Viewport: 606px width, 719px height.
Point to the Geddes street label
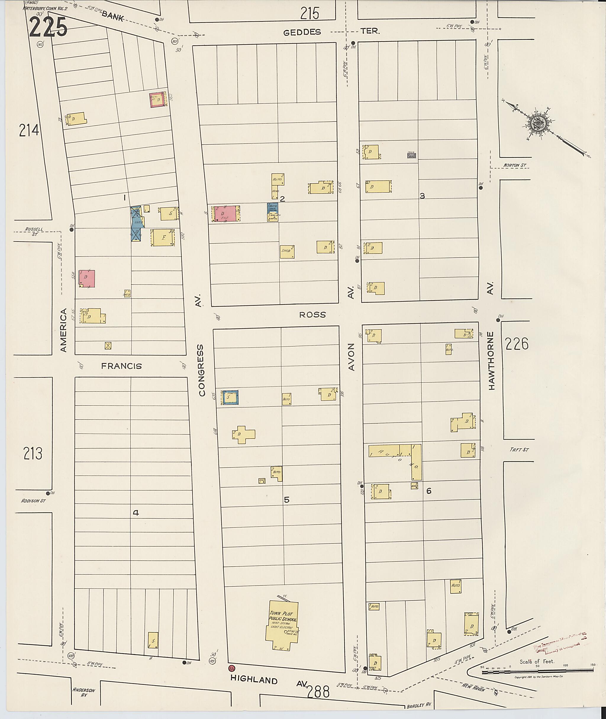302,32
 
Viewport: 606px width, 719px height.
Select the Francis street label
121,366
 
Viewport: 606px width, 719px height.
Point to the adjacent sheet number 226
517,344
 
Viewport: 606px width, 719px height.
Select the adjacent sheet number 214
29,131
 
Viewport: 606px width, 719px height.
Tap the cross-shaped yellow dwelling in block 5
244,435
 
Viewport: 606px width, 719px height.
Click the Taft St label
519,450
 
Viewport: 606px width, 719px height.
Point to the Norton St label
514,165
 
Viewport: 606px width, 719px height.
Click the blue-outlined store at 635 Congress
230,397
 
